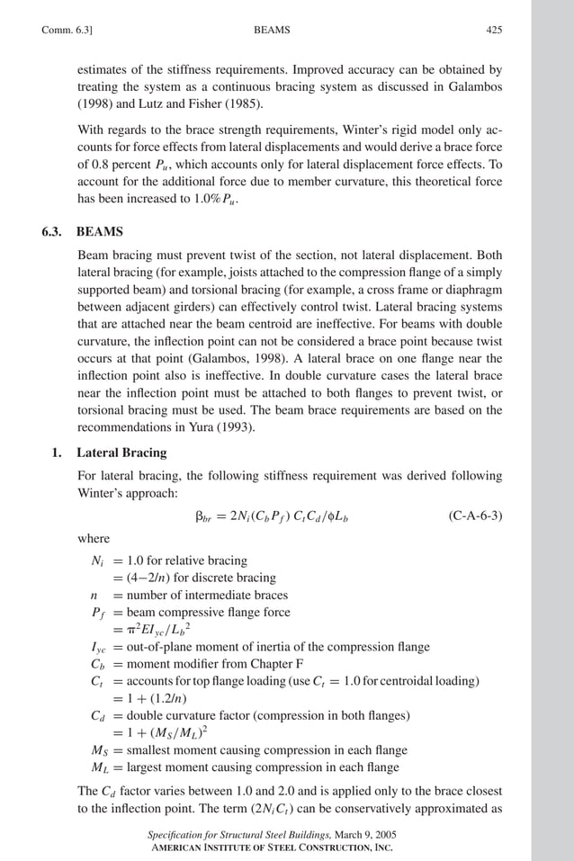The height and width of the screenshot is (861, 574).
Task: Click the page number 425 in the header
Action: [494, 30]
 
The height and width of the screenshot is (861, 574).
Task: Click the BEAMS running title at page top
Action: [273, 30]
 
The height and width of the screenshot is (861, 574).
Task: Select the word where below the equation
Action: [94, 539]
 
